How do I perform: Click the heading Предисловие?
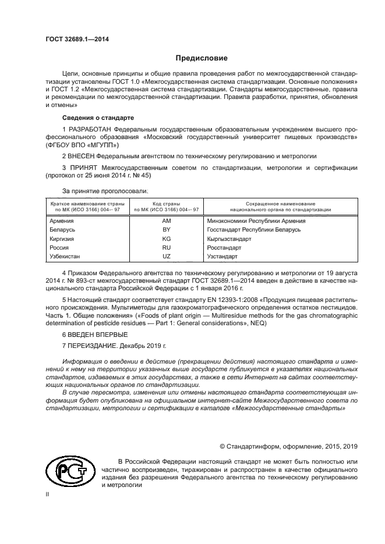pos(202,58)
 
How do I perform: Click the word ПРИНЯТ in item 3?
pos(83,168)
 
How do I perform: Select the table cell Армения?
pos(62,221)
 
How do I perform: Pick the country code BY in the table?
pos(167,230)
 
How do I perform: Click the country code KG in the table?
pos(167,239)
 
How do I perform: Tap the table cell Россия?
pos(59,247)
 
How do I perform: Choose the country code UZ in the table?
pos(167,256)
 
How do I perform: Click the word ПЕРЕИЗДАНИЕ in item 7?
pos(96,345)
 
